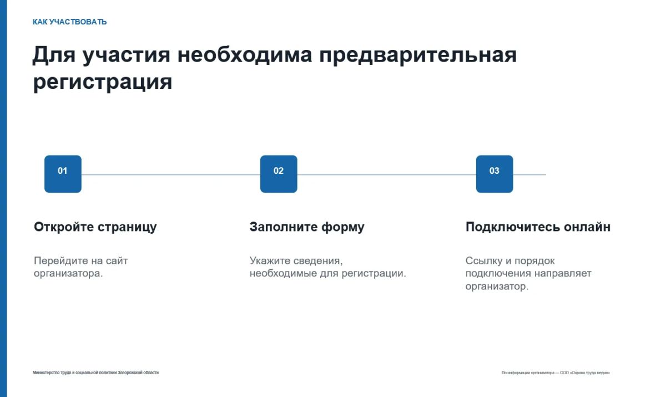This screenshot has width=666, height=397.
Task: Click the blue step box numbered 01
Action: point(63,174)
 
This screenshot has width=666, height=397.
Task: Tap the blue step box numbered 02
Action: point(279,174)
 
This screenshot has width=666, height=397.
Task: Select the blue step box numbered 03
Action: point(495,174)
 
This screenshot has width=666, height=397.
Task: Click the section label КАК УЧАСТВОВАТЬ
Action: point(69,22)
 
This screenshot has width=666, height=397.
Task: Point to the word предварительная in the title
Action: point(418,56)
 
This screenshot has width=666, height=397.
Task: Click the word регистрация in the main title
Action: point(103,82)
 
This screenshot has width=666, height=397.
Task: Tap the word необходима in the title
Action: point(245,55)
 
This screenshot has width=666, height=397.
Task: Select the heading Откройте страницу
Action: point(95,227)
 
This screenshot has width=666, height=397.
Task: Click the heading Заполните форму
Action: point(307,227)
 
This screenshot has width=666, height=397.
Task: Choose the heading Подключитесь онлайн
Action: point(538,227)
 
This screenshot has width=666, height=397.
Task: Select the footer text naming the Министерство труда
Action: point(95,373)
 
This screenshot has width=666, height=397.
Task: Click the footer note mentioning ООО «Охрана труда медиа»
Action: point(556,373)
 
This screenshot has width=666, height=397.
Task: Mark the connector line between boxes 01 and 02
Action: point(171,174)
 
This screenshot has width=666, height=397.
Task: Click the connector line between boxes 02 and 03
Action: point(386,174)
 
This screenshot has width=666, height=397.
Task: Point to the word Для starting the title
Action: point(54,56)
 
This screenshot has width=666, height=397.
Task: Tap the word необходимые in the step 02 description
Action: point(284,274)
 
